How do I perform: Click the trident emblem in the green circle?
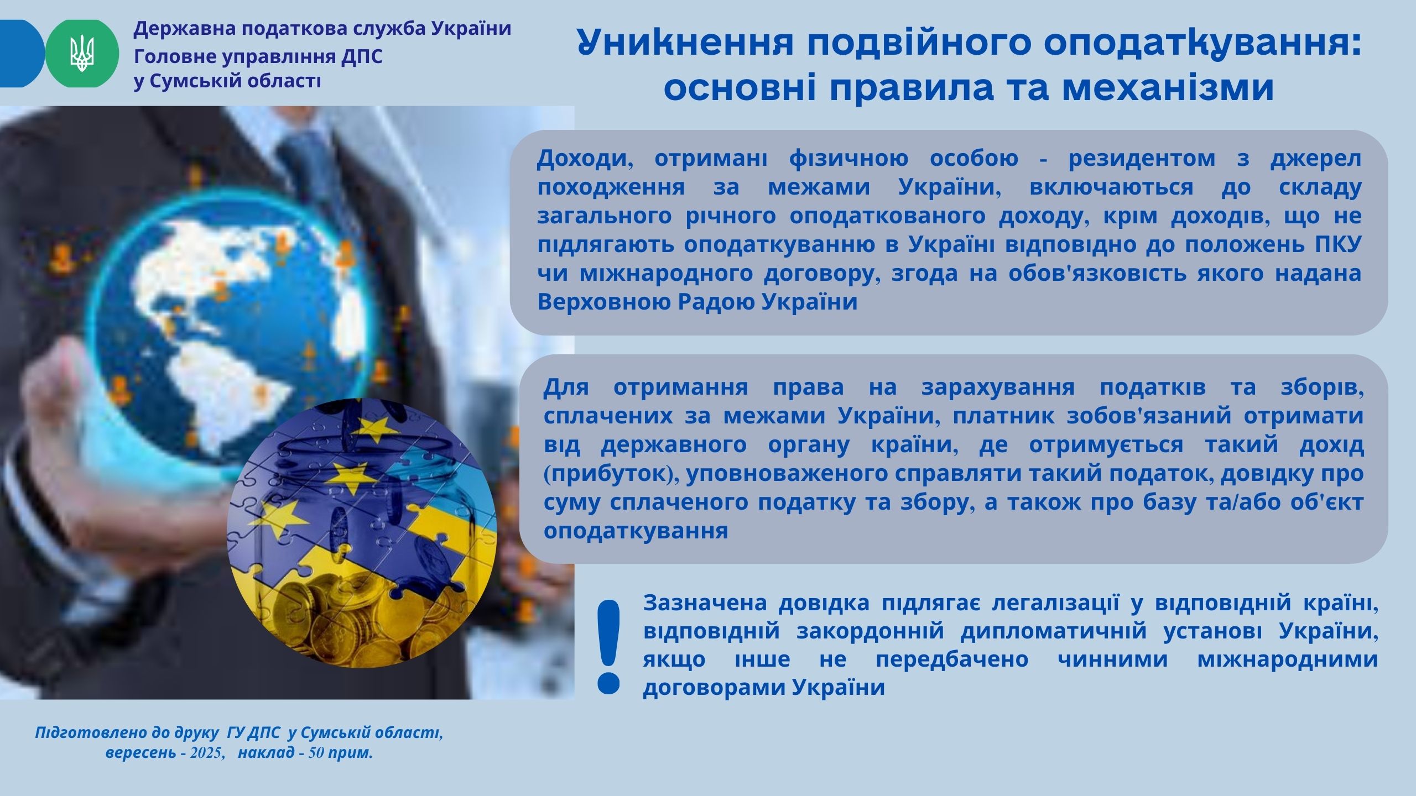82,54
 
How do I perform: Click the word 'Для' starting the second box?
565,387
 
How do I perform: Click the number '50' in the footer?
316,753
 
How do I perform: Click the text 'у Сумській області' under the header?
227,82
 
